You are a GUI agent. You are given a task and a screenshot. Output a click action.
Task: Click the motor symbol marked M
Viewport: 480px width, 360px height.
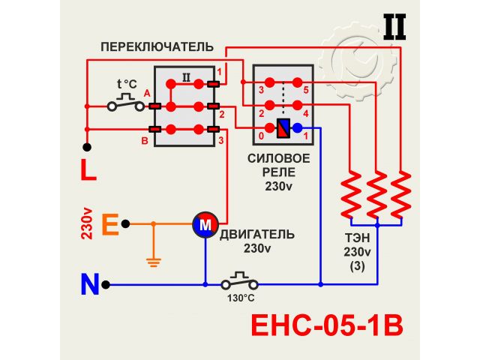click(205, 223)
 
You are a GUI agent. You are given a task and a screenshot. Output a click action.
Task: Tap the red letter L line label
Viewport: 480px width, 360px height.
click(88, 171)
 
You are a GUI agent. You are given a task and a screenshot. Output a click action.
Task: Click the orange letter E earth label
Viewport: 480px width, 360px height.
click(109, 224)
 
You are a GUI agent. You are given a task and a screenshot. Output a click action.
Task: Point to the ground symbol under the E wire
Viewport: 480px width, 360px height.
click(154, 262)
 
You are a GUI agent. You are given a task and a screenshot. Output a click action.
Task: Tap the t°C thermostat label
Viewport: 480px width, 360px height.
click(129, 84)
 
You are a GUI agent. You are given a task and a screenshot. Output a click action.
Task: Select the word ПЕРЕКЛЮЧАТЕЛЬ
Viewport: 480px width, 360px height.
click(157, 46)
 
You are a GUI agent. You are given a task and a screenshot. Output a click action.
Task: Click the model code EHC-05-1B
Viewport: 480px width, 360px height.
click(325, 326)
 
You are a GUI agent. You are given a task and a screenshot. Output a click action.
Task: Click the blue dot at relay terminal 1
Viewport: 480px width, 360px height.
click(297, 129)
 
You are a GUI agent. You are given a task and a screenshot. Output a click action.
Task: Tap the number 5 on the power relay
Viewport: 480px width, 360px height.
click(307, 89)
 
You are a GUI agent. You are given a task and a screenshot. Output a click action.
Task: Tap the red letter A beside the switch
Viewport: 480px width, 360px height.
click(147, 91)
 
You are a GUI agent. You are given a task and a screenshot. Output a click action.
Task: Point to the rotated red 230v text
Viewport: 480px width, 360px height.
click(88, 224)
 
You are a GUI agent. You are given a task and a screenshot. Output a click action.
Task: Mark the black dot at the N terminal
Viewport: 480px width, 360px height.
click(109, 285)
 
